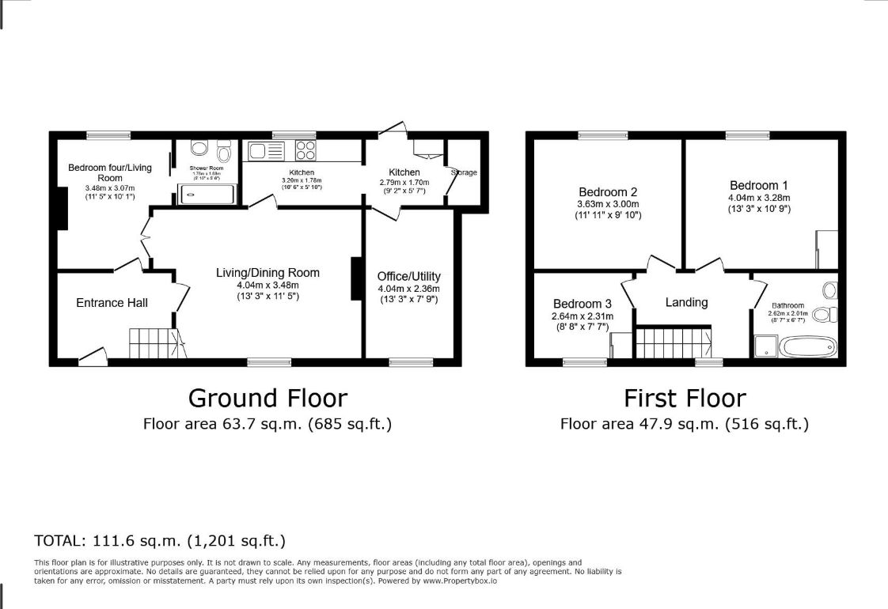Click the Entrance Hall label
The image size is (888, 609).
click(112, 303)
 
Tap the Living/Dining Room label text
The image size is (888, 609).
click(268, 273)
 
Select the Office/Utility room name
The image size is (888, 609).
click(409, 276)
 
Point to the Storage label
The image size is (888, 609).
click(465, 172)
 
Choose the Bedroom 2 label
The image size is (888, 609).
click(608, 192)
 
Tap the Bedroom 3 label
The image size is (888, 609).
click(582, 304)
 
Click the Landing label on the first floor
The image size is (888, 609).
click(686, 302)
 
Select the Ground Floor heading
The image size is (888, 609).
click(268, 397)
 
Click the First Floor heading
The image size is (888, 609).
click(685, 397)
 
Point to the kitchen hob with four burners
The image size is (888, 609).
click(305, 150)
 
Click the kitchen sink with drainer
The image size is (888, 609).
click(265, 150)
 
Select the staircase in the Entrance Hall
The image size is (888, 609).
click(157, 344)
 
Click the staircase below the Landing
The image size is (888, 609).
click(673, 342)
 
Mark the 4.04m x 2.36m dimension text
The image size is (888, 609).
click(409, 289)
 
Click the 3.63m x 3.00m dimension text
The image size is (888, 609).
click(608, 204)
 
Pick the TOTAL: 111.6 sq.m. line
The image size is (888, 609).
click(160, 541)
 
